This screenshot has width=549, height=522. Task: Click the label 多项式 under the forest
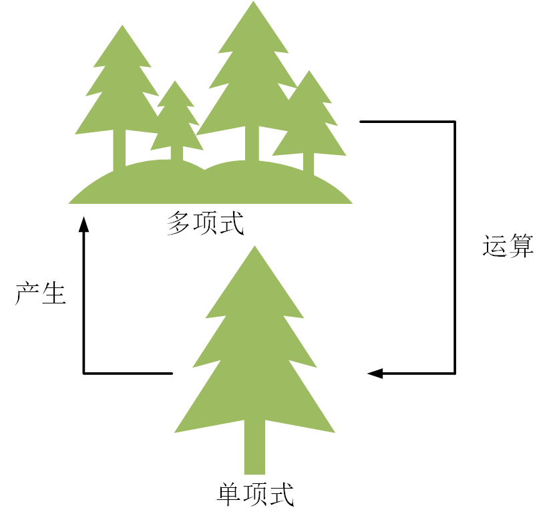[x=205, y=223]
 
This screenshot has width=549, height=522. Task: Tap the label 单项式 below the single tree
[x=256, y=495]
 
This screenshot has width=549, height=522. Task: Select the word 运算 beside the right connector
[x=508, y=246]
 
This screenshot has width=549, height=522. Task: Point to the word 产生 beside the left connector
[x=41, y=293]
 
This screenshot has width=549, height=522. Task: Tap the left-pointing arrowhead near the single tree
[x=375, y=373]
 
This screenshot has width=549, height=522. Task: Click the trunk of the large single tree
[x=254, y=448]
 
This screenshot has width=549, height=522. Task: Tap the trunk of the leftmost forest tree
[x=119, y=150]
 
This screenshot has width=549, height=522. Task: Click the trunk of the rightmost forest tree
[x=309, y=164]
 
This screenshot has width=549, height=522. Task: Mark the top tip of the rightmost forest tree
[x=309, y=72]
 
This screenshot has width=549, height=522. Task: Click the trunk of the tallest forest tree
[x=252, y=144]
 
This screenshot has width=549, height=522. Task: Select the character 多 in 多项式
[x=180, y=223]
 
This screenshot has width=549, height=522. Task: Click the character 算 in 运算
[x=521, y=246]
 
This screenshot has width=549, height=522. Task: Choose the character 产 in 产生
[x=27, y=293]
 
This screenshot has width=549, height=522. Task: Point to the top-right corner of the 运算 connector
[x=455, y=122]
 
